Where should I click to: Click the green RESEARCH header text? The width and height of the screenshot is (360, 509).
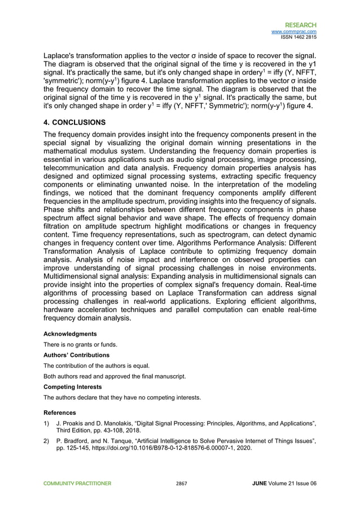click(300, 25)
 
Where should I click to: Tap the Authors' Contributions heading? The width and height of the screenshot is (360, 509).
click(76, 355)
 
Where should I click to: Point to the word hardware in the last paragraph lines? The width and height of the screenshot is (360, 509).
click(63, 310)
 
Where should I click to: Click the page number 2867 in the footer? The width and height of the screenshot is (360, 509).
click(181, 484)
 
